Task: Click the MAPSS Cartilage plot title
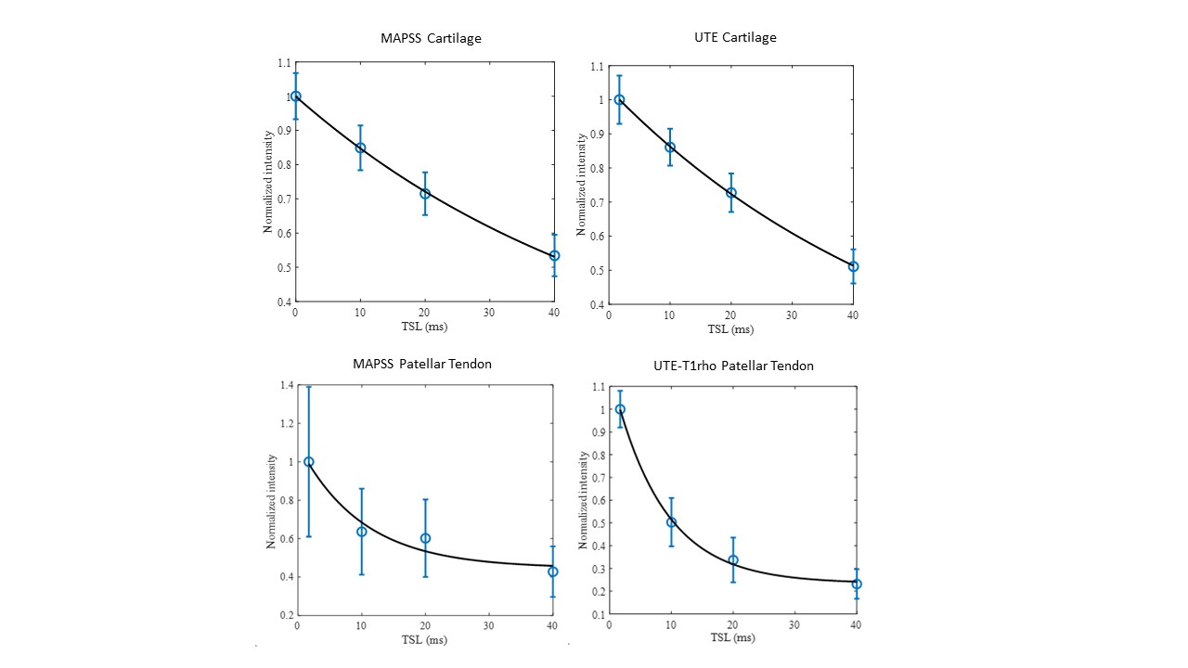pos(431,38)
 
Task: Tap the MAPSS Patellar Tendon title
pos(423,364)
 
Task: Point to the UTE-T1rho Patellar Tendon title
pos(735,366)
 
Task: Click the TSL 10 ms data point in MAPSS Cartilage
pos(360,148)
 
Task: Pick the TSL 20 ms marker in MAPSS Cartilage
pos(425,193)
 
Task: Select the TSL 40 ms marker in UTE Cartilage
pos(853,266)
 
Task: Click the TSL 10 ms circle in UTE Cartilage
pos(669,147)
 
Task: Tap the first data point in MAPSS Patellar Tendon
pos(309,461)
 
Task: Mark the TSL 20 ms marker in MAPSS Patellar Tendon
pos(425,538)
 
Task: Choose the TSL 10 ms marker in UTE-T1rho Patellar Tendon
pos(671,521)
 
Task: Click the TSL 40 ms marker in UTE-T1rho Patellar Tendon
pos(857,584)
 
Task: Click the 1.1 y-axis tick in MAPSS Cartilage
pos(281,62)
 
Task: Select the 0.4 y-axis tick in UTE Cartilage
pos(596,304)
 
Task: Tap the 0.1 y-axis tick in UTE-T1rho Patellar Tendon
pos(596,614)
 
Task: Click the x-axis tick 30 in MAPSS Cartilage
pos(489,313)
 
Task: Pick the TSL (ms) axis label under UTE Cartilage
pos(730,329)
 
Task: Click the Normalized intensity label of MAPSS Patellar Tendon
pos(272,501)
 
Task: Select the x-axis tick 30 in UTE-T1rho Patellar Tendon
pos(794,624)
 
